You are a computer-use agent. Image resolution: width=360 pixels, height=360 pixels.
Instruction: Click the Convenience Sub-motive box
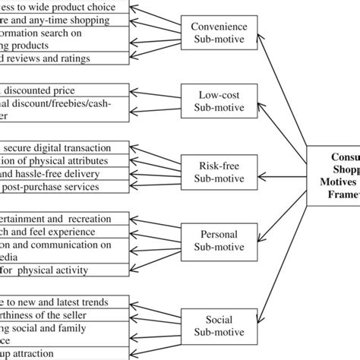click(x=218, y=30)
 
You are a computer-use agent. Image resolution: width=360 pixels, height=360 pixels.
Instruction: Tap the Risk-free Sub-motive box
click(x=218, y=172)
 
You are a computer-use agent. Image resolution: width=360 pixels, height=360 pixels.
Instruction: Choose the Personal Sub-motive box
click(x=218, y=241)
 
